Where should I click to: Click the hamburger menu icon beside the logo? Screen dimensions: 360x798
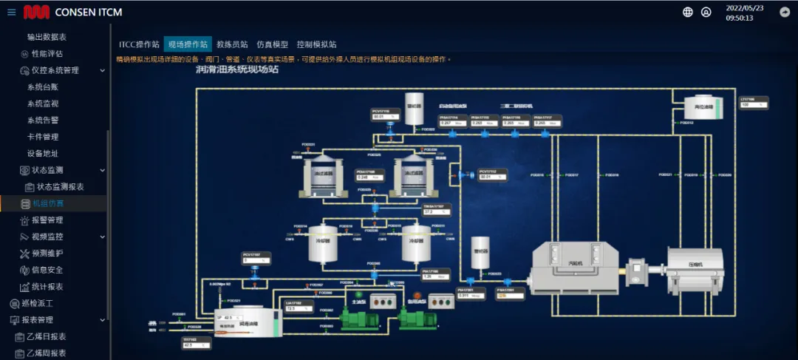tap(11, 12)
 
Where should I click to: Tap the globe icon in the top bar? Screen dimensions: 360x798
tap(688, 12)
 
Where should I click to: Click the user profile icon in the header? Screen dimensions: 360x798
tap(706, 12)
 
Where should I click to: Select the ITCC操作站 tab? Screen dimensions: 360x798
tap(139, 44)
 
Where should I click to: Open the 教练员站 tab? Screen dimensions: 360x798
tap(232, 44)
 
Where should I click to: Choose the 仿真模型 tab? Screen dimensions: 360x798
tap(272, 44)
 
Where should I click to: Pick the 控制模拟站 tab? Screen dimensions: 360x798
tap(316, 44)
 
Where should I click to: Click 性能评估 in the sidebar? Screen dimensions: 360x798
tap(47, 54)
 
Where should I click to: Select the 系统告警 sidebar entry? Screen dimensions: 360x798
tap(43, 120)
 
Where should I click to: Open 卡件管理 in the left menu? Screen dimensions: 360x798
tap(43, 137)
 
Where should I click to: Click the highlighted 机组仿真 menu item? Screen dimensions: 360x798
tap(48, 203)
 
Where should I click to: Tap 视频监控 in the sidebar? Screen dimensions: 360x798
tap(47, 237)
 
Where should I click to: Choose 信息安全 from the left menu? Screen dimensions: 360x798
tap(47, 270)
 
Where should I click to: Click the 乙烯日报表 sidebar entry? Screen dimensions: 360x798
tap(46, 336)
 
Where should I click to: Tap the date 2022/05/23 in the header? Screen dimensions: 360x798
tap(744, 8)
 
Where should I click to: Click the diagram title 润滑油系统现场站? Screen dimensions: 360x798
tap(236, 70)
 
